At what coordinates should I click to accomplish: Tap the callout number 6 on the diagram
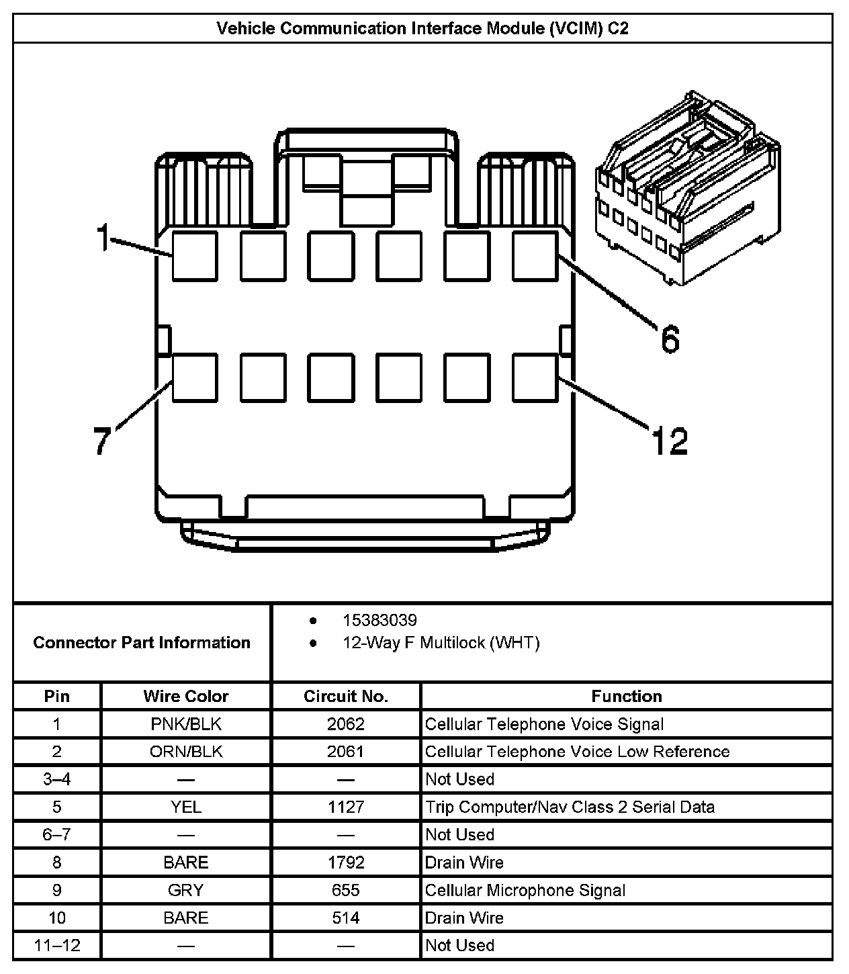pos(670,339)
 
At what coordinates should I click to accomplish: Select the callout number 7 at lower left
pos(101,441)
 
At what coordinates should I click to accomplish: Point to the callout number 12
pos(669,441)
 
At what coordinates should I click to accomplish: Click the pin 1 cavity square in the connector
pos(195,255)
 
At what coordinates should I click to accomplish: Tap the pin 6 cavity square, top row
pos(535,255)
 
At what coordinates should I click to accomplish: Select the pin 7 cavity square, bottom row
pos(195,378)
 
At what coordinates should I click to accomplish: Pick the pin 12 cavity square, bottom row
pos(535,378)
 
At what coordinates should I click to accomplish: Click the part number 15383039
pos(379,620)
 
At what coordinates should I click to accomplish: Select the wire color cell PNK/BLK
pos(186,724)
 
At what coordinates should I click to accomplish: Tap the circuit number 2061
pos(345,752)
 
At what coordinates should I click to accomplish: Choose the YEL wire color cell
pos(186,807)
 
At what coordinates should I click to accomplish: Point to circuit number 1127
pos(345,807)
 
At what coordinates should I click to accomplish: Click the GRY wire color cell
pos(186,890)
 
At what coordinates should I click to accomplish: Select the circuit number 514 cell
pos(345,918)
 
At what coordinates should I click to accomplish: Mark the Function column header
pos(626,696)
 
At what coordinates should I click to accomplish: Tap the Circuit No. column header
pos(345,696)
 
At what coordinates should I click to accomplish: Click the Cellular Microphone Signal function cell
pos(525,890)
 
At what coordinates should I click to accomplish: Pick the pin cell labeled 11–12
pos(57,945)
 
